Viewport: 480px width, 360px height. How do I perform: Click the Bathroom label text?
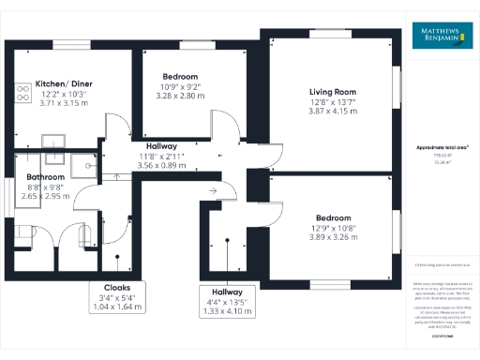pos(44,176)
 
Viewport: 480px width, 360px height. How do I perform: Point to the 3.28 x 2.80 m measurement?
pos(180,96)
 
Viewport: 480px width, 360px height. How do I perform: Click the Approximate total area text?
pos(442,148)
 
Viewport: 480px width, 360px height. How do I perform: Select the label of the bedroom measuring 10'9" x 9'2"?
pos(180,76)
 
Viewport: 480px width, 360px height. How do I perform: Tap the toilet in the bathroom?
pos(23,232)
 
